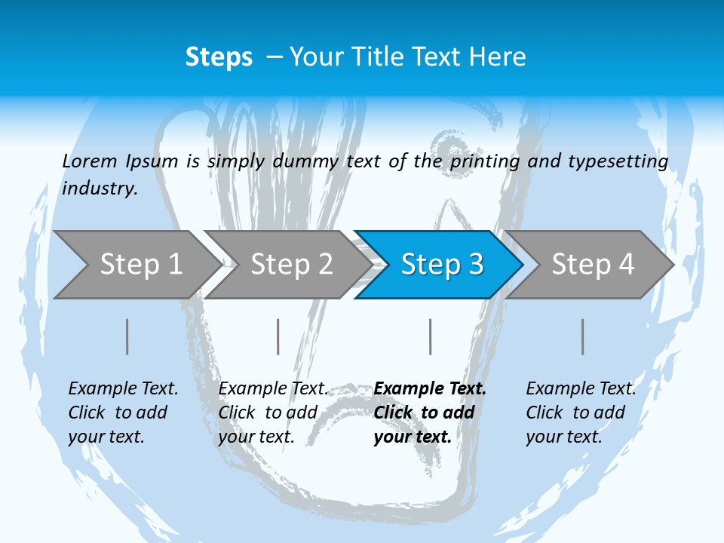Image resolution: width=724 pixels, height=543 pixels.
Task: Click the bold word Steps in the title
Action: [x=219, y=57]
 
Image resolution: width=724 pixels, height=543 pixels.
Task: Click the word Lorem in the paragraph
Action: [x=90, y=161]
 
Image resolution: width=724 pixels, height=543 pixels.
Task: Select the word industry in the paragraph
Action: [x=100, y=188]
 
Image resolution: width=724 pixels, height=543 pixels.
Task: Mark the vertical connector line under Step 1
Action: [x=127, y=336]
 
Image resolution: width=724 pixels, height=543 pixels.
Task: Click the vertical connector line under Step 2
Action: [x=278, y=336]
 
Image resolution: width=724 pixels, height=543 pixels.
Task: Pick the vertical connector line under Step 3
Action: [x=431, y=336]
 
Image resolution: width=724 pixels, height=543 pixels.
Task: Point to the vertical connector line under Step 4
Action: [x=583, y=336]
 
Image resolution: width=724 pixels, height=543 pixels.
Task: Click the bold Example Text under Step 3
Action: [x=430, y=388]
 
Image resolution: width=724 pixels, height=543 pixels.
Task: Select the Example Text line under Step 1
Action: [x=123, y=388]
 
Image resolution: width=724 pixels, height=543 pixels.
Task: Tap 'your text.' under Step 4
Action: [x=563, y=437]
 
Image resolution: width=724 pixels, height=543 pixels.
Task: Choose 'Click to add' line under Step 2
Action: [x=268, y=413]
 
